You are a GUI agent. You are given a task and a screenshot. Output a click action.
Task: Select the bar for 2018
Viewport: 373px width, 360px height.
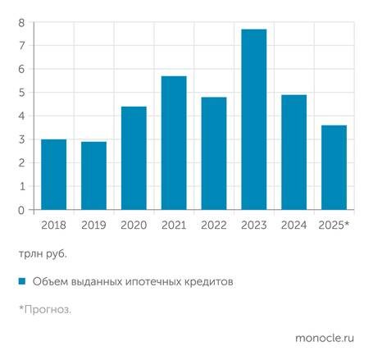click(x=53, y=175)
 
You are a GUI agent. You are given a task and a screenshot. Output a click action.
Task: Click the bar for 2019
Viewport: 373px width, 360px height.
click(x=93, y=175)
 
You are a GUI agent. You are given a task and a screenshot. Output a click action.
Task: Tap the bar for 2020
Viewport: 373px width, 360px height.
click(x=134, y=158)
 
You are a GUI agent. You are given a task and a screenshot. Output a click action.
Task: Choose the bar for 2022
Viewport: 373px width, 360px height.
click(x=214, y=153)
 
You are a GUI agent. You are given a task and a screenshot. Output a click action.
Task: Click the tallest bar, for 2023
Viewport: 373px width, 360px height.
click(x=254, y=120)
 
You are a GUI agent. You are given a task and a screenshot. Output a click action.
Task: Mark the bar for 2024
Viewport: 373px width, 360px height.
click(x=294, y=153)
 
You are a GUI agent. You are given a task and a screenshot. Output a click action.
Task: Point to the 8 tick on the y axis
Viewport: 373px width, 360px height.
click(x=21, y=22)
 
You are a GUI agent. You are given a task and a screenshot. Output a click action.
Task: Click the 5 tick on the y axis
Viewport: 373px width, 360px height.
click(x=21, y=93)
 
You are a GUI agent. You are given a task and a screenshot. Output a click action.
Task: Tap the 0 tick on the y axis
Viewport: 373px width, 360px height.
click(x=21, y=210)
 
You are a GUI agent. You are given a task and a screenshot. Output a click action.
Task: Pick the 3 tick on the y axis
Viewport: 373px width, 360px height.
click(x=21, y=139)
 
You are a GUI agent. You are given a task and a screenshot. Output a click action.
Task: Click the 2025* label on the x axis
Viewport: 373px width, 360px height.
click(x=333, y=225)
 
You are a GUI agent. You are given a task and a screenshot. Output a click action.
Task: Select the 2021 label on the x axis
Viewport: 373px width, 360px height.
click(x=174, y=225)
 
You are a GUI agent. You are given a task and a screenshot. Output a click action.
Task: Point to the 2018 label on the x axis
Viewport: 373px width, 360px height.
click(x=53, y=225)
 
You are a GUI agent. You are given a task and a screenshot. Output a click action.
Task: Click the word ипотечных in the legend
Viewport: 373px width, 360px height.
click(x=150, y=282)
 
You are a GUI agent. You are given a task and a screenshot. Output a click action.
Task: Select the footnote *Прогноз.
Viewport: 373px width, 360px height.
click(x=45, y=310)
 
